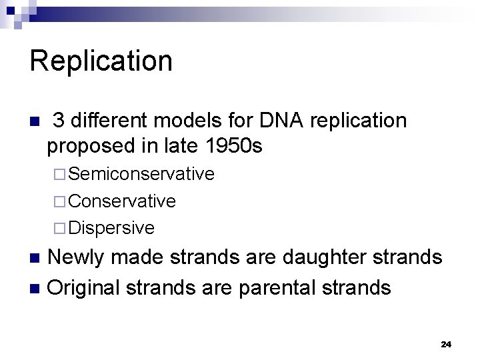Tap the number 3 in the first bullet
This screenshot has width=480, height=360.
point(58,121)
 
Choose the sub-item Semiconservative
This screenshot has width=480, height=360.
point(141,174)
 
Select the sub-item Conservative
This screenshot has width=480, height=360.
point(122,201)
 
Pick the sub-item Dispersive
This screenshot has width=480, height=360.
point(111,228)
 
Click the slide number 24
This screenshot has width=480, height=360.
point(446,344)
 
